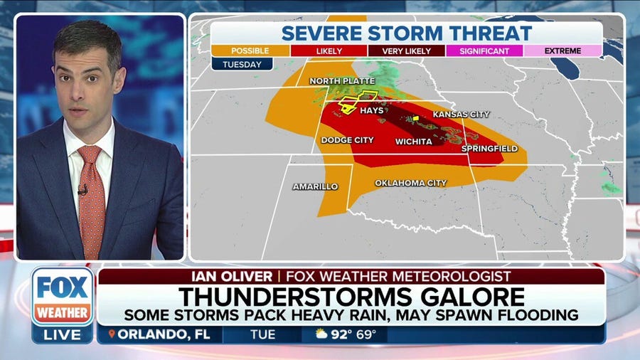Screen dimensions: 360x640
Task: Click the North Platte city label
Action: [x=341, y=82]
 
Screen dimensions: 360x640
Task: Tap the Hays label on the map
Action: [x=372, y=110]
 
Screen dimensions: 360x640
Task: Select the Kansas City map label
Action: [x=461, y=115]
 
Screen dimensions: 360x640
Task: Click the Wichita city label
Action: [x=414, y=142]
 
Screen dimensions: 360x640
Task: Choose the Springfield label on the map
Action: [x=490, y=149]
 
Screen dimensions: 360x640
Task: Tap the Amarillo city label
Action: [x=315, y=186]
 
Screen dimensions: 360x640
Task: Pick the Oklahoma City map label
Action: [x=411, y=183]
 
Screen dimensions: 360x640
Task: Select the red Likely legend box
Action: [x=328, y=51]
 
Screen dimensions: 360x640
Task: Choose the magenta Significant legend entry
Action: [x=484, y=51]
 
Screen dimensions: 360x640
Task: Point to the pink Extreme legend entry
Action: [x=563, y=51]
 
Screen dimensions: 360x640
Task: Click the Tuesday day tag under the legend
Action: [x=242, y=64]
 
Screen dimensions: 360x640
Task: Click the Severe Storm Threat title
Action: [x=406, y=33]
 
